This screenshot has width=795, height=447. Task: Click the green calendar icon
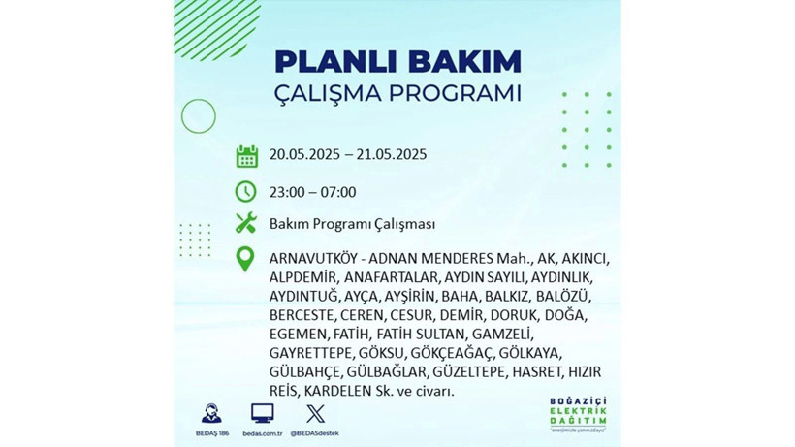[x=246, y=155]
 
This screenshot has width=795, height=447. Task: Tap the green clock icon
[x=246, y=191]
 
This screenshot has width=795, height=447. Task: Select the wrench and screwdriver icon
[x=246, y=224]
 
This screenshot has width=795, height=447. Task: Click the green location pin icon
[x=246, y=259]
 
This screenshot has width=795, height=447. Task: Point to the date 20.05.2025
[x=306, y=155]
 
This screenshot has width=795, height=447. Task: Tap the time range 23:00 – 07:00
[x=313, y=192]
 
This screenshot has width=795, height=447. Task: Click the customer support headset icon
[x=210, y=413]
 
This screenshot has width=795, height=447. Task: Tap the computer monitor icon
[x=262, y=413]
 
